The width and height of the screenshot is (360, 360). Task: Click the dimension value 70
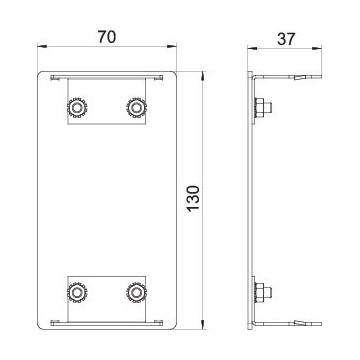tap(107, 37)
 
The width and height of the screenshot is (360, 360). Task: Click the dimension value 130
tap(194, 198)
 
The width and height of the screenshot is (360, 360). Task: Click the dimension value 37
tap(286, 39)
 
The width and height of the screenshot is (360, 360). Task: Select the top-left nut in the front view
tap(77, 108)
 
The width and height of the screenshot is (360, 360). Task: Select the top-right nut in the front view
tap(136, 108)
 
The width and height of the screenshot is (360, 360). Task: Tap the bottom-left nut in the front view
tap(77, 293)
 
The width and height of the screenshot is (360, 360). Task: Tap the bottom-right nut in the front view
tap(136, 293)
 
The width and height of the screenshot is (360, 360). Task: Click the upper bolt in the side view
tap(263, 108)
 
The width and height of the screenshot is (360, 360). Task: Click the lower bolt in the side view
tap(263, 293)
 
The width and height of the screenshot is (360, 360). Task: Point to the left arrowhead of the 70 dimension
tap(41, 47)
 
